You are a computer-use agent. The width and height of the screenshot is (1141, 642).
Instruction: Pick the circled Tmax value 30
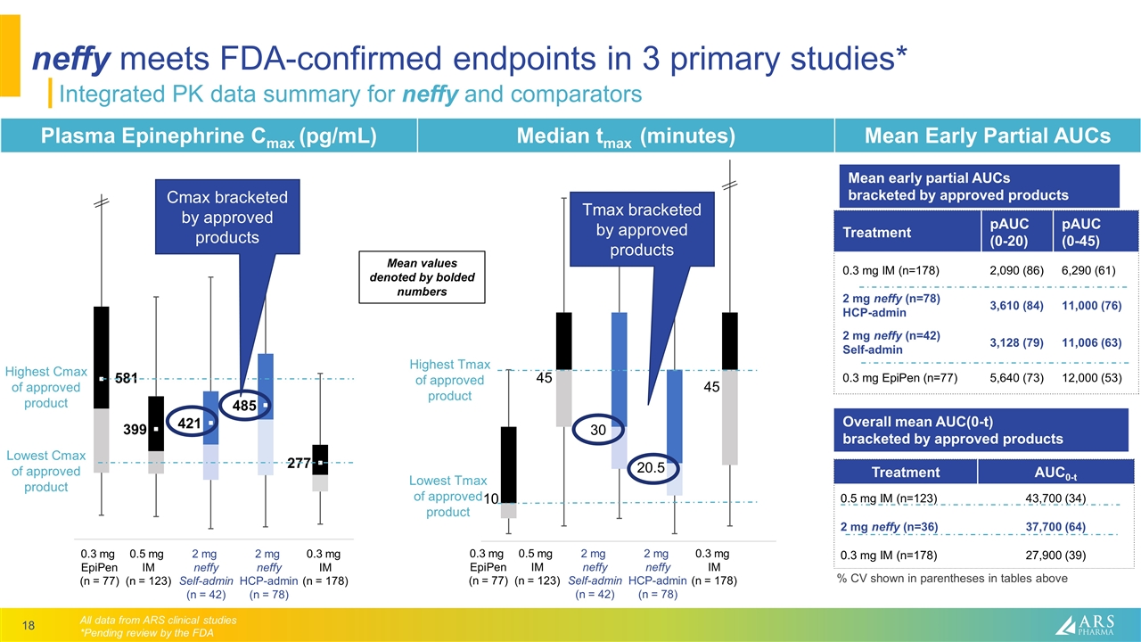598,430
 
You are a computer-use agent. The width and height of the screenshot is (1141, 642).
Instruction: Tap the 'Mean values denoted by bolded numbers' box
421,277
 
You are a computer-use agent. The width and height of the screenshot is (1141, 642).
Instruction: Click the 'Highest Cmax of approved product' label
46,387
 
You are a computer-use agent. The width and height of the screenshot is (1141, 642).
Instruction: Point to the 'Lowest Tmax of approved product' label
447,496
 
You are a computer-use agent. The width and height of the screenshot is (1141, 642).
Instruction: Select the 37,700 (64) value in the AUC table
1055,526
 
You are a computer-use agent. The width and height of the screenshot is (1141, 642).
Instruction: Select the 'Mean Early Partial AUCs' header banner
986,136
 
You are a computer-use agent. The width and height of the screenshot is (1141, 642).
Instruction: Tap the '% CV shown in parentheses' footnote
951,579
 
